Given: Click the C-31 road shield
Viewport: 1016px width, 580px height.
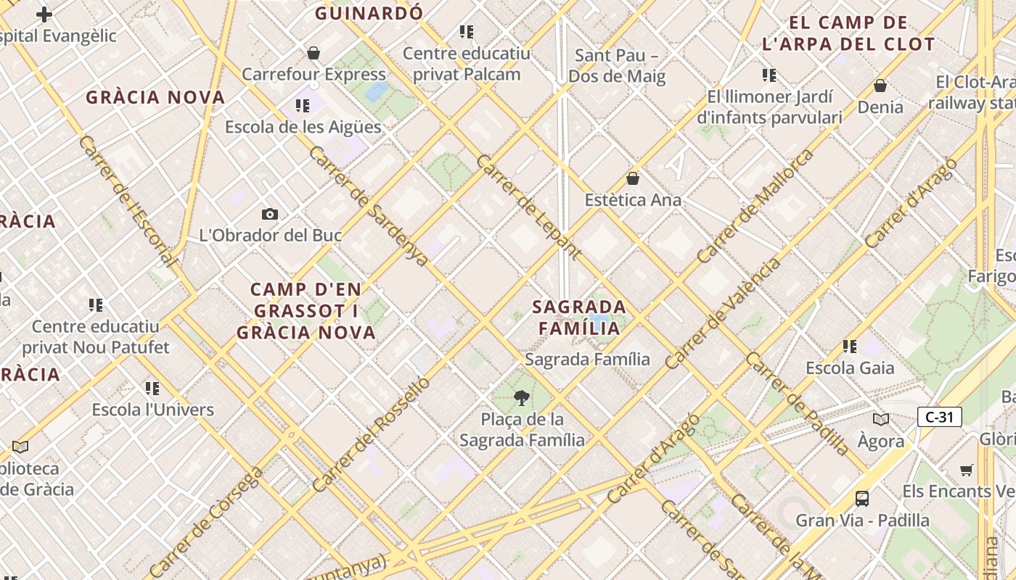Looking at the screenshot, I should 940,417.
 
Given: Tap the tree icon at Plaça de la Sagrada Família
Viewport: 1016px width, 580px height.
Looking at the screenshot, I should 521,397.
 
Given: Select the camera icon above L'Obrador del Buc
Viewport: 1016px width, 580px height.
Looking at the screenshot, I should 270,214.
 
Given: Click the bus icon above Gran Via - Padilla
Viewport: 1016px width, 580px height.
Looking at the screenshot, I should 862,499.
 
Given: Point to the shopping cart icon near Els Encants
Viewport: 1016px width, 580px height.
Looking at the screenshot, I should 966,470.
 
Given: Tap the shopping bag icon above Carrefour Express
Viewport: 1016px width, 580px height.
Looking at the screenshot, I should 314,53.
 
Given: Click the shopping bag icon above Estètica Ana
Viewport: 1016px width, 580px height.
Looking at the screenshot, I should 633,178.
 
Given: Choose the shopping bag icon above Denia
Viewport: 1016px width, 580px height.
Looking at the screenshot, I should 880,86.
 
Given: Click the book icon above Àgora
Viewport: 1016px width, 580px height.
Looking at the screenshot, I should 881,419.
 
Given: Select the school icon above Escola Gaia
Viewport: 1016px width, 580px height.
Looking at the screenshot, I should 850,347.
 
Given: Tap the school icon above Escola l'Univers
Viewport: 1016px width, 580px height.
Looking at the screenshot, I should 152,389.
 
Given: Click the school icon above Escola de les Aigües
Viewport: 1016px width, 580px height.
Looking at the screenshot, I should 302,106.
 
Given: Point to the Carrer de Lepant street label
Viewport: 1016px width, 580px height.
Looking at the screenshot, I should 528,207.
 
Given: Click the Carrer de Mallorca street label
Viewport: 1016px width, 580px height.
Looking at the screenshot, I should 755,207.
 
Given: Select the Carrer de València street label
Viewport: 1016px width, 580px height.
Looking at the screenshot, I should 723,312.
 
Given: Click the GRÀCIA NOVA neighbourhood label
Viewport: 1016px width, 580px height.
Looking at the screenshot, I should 155,97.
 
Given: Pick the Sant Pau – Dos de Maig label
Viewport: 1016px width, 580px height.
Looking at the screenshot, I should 617,65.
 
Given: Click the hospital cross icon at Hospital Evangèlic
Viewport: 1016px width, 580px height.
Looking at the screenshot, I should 44,14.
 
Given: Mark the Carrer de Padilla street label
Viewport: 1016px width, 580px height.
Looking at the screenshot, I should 797,404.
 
